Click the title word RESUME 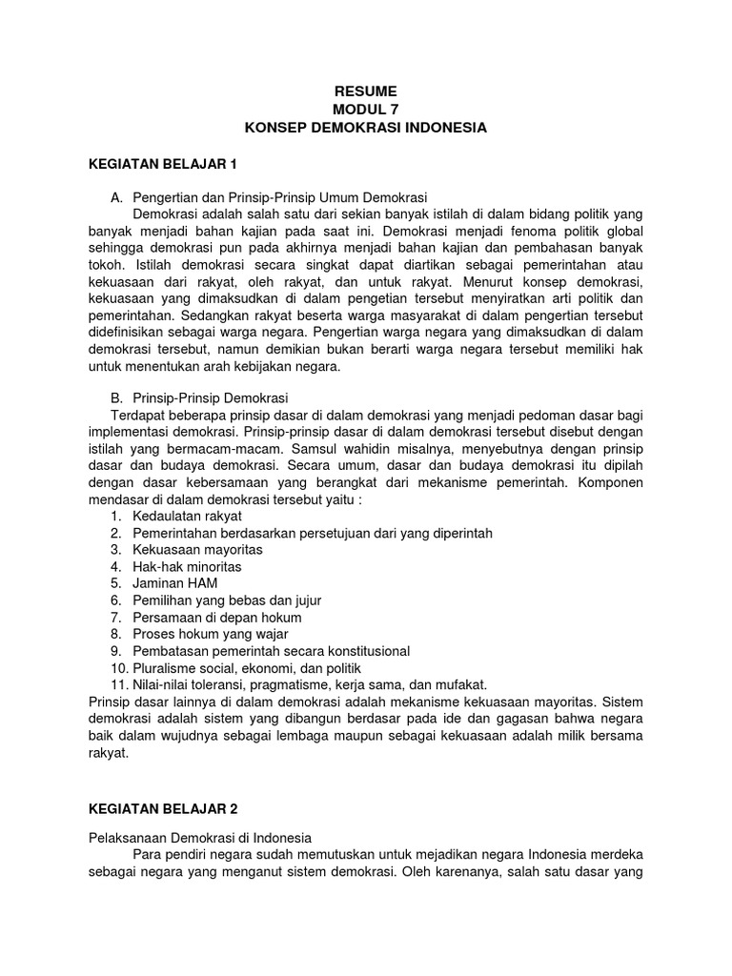[x=365, y=91]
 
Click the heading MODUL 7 [x=365, y=110]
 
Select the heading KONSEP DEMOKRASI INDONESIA [x=365, y=128]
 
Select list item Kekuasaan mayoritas [x=197, y=550]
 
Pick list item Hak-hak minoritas [x=187, y=567]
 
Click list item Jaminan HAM [x=173, y=583]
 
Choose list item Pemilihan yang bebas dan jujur [x=227, y=600]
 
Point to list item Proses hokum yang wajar [x=210, y=634]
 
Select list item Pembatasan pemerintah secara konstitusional [x=271, y=651]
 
